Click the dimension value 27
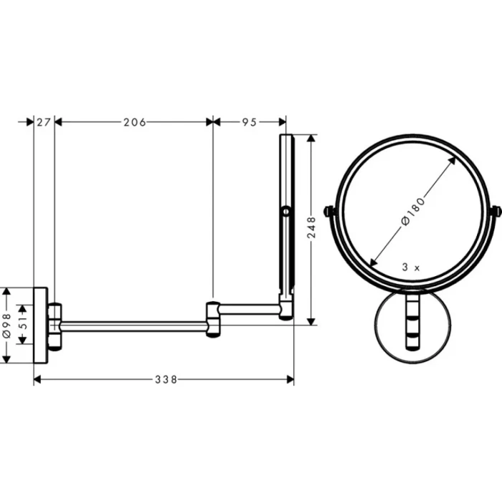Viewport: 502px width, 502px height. pos(43,122)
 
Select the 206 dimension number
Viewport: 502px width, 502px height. pos(134,122)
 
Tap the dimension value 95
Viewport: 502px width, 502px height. pos(248,122)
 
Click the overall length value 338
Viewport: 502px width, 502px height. pos(166,379)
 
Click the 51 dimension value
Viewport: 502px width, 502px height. pos(24,324)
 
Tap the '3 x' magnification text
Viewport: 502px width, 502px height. pos(411,266)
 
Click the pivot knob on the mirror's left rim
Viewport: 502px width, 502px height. pos(331,212)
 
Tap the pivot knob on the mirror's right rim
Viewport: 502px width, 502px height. pos(495,212)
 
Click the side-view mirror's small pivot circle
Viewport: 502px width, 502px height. pos(285,212)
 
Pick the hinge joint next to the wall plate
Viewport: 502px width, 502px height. pos(55,324)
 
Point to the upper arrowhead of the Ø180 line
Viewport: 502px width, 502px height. pos(454,160)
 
